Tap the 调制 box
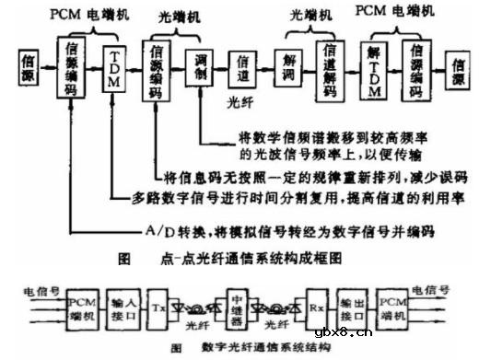click(203, 65)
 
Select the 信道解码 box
click(330, 65)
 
